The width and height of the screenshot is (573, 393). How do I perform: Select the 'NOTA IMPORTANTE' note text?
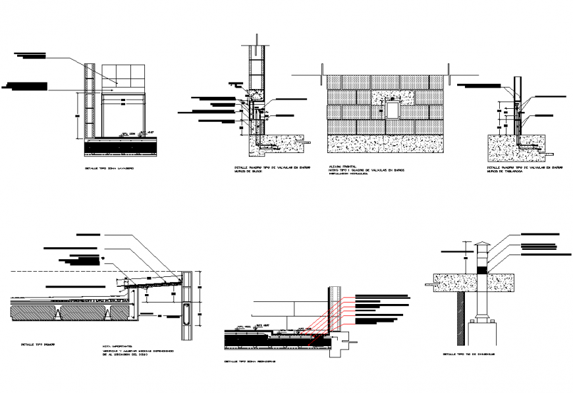[x=117, y=345]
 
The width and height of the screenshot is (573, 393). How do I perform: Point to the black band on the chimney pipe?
[x=481, y=269]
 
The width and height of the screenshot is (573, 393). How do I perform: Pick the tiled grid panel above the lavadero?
[x=122, y=76]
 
